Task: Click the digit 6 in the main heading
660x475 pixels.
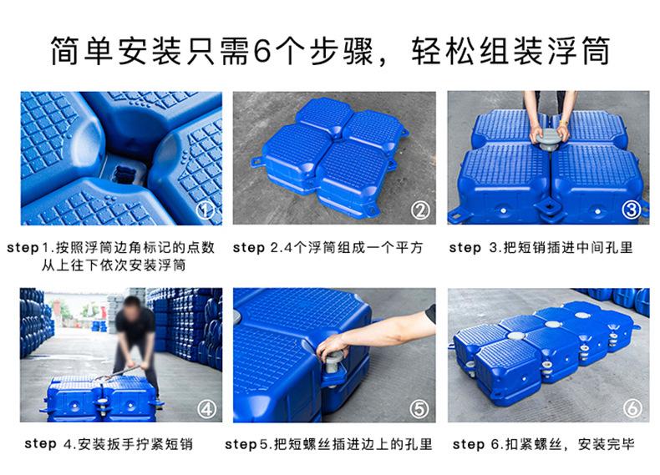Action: click(262, 50)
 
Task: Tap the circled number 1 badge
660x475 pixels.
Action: click(205, 210)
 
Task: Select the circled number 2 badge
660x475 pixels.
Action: click(420, 210)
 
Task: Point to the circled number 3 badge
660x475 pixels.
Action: click(631, 210)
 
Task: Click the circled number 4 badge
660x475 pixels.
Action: click(207, 409)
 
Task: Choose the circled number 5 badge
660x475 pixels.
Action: click(419, 409)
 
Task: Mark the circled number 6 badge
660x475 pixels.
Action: click(632, 407)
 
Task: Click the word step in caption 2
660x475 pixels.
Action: click(249, 248)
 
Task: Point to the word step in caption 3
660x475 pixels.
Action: click(465, 248)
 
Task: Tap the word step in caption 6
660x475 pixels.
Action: click(468, 444)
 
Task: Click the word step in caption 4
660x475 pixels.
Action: click(40, 444)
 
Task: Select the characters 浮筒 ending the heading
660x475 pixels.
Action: click(579, 51)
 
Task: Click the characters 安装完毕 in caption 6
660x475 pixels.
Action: click(607, 444)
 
